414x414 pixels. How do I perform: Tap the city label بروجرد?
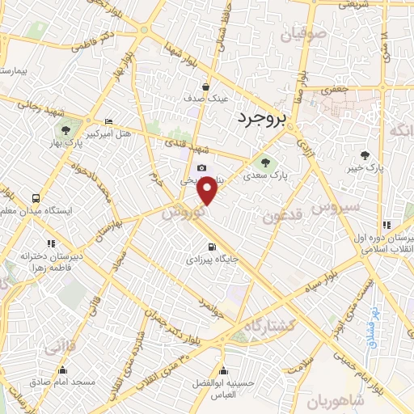click(x=262, y=119)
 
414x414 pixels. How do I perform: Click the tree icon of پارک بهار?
click(x=65, y=129)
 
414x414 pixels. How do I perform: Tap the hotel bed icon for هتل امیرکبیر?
click(x=109, y=121)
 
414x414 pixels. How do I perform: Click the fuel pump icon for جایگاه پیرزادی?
click(x=212, y=247)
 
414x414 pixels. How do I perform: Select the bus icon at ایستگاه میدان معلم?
click(x=36, y=198)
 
